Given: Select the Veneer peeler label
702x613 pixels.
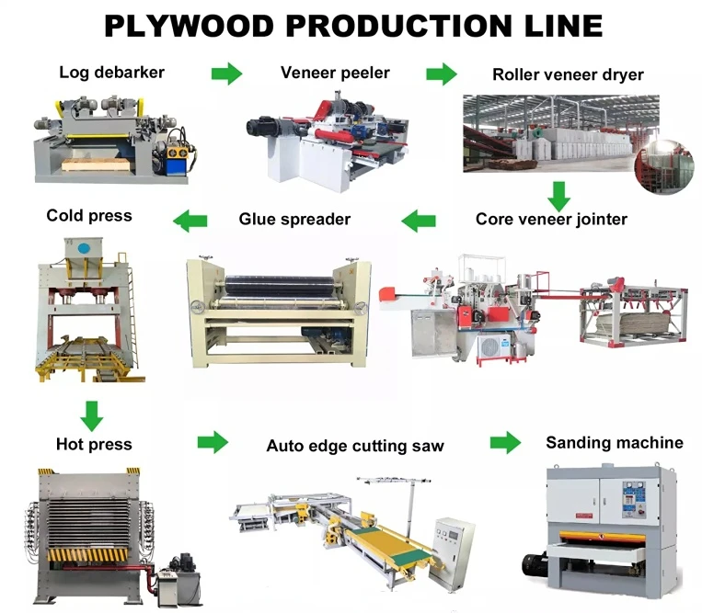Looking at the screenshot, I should point(335,73).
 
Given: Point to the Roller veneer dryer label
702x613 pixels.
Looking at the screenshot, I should point(568,74).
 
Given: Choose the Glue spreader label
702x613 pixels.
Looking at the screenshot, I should point(294,219).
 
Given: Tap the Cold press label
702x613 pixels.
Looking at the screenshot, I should point(89,216).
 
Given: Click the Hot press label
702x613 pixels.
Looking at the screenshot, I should point(94,445).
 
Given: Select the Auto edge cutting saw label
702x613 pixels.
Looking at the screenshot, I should point(355,446).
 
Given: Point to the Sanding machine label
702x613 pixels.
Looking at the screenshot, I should point(615,443).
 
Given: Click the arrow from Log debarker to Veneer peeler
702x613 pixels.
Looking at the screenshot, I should point(226,74).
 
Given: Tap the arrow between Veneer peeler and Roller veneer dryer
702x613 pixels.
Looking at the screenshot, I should point(442,74).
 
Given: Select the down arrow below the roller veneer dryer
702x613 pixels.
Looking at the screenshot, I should point(557,194).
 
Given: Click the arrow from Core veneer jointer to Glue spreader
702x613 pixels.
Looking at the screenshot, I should point(419,220).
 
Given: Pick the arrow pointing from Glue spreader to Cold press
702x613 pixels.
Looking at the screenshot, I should point(190,220).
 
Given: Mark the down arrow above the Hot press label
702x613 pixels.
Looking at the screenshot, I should point(91,415).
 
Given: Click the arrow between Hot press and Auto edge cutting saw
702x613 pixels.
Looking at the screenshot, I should point(213,443).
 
